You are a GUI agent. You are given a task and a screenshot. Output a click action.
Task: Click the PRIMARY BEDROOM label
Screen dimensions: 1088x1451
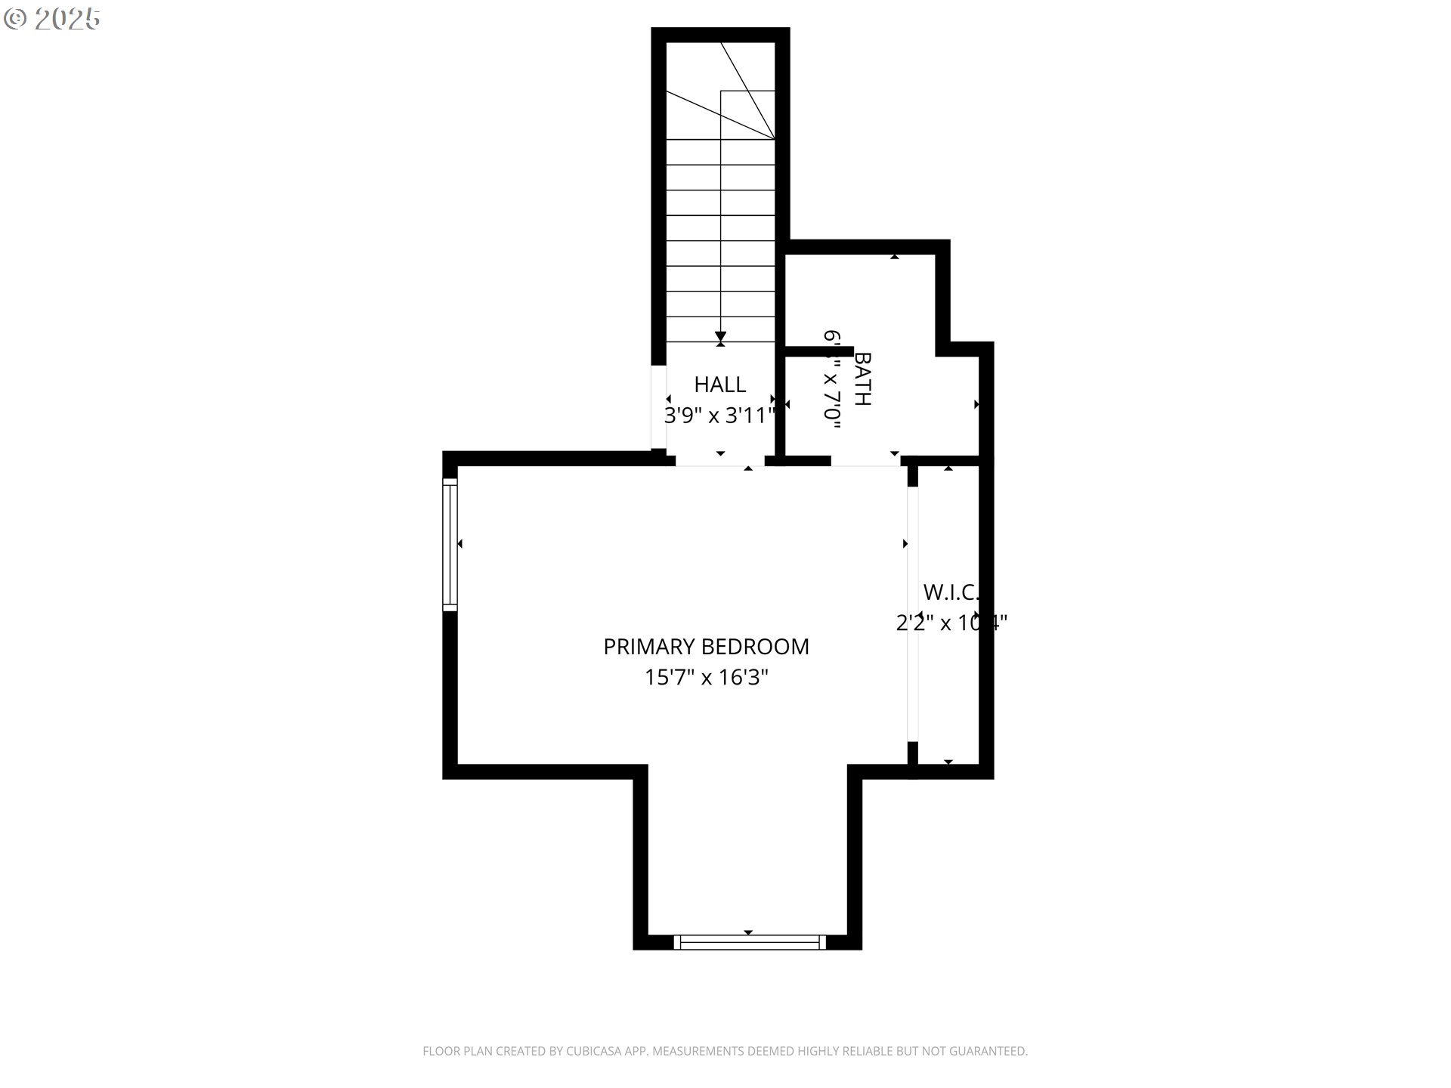706,647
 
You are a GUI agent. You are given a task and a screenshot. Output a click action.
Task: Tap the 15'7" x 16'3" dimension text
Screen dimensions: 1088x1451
706,678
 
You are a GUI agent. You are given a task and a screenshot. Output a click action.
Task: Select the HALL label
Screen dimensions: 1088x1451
719,385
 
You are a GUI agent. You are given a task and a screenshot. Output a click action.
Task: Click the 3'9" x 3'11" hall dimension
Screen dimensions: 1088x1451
719,416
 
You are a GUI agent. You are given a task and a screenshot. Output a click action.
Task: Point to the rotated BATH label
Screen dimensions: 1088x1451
862,379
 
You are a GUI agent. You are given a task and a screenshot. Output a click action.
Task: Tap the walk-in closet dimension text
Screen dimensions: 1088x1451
951,623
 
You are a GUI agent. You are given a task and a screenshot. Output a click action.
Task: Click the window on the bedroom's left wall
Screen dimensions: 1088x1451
450,544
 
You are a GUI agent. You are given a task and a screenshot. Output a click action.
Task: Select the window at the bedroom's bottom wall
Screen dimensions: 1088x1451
748,942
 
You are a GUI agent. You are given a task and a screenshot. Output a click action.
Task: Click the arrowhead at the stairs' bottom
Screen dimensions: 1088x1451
721,336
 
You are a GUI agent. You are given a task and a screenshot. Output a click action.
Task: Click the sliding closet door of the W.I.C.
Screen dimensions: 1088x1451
913,614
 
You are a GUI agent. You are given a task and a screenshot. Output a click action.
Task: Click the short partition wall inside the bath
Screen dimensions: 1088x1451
819,351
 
